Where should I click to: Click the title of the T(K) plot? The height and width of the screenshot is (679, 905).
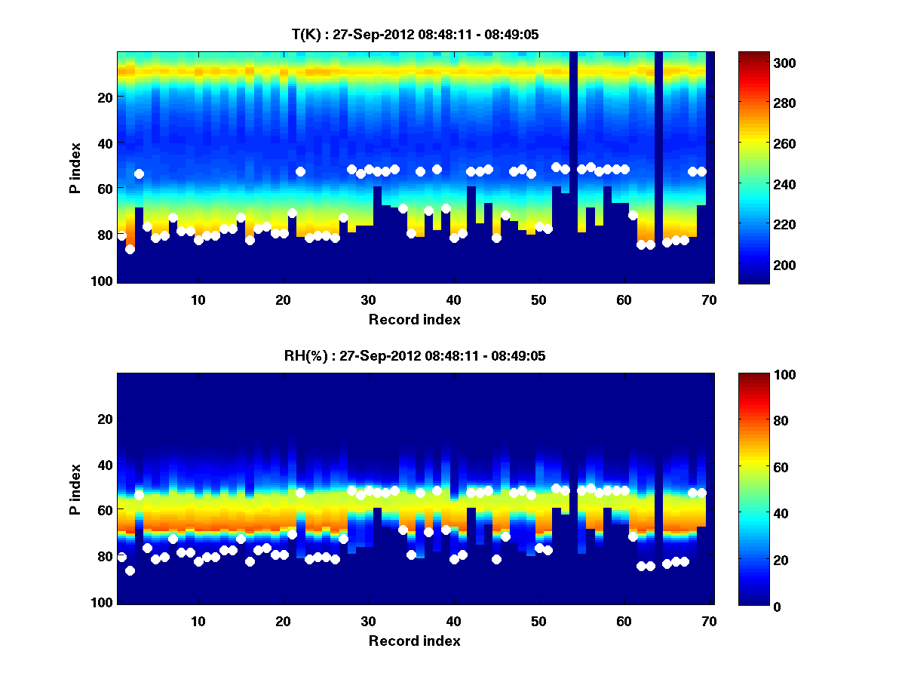click(415, 34)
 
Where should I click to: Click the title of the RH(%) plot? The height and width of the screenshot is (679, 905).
click(415, 355)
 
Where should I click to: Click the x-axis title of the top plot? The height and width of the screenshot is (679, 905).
click(415, 319)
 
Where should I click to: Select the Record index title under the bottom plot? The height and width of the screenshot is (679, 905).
click(415, 641)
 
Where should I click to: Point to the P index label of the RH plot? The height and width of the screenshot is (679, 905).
click(75, 489)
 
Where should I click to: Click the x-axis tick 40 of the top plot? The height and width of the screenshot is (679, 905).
click(453, 299)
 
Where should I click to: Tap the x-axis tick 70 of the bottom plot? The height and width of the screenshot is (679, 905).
click(709, 620)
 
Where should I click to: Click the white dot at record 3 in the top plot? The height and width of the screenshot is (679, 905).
click(139, 174)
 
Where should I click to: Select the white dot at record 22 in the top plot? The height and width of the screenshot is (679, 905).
click(300, 171)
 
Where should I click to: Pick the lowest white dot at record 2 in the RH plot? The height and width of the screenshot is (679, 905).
click(130, 570)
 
